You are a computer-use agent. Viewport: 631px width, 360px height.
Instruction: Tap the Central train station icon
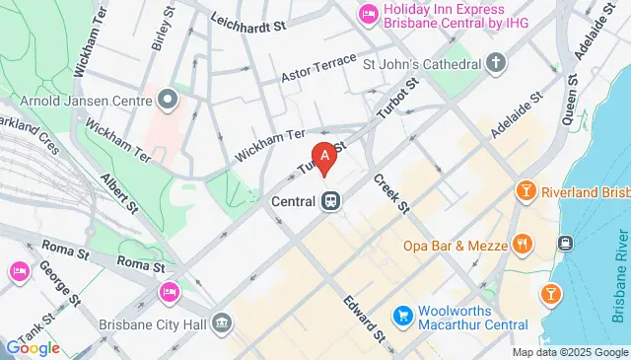(x=330, y=200)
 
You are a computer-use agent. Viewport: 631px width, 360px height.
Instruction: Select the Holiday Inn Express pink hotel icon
(x=367, y=13)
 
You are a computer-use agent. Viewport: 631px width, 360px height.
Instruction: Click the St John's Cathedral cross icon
(x=496, y=65)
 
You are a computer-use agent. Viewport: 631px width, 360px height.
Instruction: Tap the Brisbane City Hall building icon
(x=223, y=323)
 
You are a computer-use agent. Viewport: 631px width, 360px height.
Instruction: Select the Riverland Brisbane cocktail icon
(x=526, y=189)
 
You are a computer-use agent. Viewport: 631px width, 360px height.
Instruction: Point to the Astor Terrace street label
(x=317, y=67)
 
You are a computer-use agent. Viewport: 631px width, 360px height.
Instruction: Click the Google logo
(x=33, y=347)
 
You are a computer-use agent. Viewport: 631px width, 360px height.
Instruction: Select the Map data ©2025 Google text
(x=569, y=352)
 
